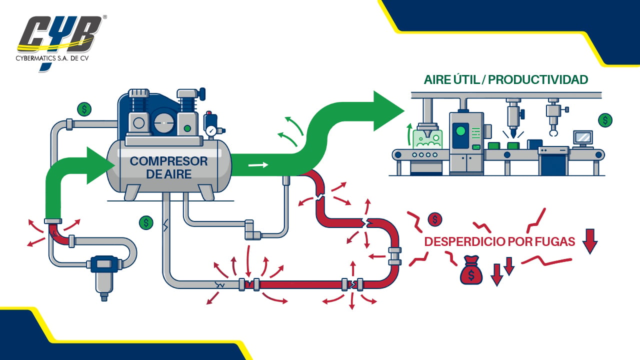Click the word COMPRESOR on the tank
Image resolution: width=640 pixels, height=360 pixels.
tap(169, 161)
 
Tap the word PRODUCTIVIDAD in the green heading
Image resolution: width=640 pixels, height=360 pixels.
tap(538, 79)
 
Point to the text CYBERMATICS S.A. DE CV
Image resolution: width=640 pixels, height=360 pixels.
tap(52, 58)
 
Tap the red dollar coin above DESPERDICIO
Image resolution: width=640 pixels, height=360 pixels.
tap(435, 219)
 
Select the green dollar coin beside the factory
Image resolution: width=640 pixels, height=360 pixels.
tap(605, 120)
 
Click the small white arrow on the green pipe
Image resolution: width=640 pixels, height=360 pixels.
tap(258, 165)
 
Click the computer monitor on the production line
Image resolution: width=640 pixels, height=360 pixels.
tap(583, 138)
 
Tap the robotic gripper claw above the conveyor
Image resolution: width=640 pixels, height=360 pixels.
tap(553, 132)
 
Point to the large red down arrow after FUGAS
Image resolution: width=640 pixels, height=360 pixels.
tap(589, 241)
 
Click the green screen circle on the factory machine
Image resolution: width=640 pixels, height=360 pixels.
tap(460, 131)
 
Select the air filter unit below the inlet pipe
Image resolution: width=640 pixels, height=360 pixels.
tap(104, 276)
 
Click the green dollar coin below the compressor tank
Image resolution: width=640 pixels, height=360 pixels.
tap(146, 222)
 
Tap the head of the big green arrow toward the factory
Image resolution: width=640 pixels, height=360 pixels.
tap(388, 111)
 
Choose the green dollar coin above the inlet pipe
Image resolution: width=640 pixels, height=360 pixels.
tap(84, 109)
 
